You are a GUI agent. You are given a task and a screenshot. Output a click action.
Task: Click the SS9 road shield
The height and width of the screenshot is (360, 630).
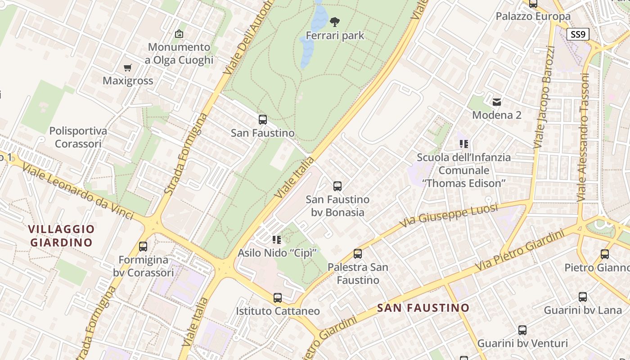click(578, 34)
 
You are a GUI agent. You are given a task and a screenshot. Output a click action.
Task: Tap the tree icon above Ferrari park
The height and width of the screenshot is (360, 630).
click(334, 21)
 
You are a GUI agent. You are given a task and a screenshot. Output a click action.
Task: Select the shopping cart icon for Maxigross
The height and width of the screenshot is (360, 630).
click(128, 68)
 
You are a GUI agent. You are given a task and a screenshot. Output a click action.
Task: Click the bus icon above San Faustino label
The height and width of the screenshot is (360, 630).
click(263, 120)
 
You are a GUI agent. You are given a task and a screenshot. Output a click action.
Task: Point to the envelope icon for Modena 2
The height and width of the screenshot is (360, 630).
click(497, 102)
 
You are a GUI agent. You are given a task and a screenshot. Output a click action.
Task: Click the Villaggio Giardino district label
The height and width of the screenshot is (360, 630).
click(62, 236)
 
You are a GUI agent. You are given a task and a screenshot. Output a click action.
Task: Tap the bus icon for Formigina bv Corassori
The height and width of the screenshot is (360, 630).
click(143, 247)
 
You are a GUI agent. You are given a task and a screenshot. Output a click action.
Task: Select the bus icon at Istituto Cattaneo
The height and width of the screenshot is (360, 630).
click(278, 298)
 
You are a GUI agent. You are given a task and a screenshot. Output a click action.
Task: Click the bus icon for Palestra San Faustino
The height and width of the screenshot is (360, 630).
click(358, 254)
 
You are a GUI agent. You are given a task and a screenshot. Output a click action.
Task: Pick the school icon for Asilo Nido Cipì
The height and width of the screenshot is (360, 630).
click(277, 239)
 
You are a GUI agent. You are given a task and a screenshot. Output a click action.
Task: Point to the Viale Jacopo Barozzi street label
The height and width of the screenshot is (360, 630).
click(544, 97)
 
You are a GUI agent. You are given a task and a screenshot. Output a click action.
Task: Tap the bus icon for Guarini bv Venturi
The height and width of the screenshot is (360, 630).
click(522, 330)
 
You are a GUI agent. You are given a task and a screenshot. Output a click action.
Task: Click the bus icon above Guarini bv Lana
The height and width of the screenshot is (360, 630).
click(583, 297)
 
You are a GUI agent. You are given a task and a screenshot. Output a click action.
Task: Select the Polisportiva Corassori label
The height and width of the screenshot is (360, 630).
click(78, 137)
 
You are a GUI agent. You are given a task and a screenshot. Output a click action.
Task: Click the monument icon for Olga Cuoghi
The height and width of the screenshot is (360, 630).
click(179, 34)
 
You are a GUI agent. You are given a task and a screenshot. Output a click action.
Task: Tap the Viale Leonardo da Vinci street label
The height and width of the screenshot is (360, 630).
click(77, 192)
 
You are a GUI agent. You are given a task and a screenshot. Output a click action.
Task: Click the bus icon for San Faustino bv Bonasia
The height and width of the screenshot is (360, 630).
click(337, 186)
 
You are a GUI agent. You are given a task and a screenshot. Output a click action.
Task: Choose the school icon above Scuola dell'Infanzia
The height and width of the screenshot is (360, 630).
click(464, 144)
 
